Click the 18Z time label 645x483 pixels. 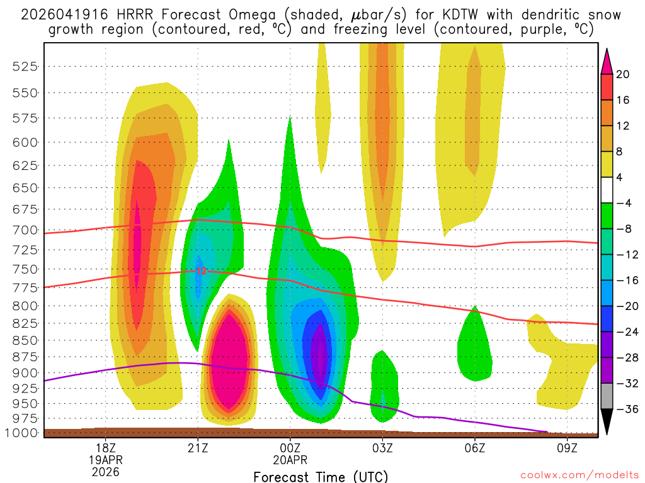(x=105, y=448)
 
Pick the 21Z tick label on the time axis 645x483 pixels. (x=198, y=448)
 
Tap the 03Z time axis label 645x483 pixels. (x=382, y=448)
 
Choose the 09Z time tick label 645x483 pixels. (x=568, y=448)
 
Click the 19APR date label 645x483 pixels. (x=105, y=459)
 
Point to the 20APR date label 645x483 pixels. (x=290, y=459)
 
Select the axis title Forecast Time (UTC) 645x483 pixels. (x=321, y=477)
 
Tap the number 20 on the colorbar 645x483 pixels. (x=623, y=74)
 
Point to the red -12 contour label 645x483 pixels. (x=200, y=271)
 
